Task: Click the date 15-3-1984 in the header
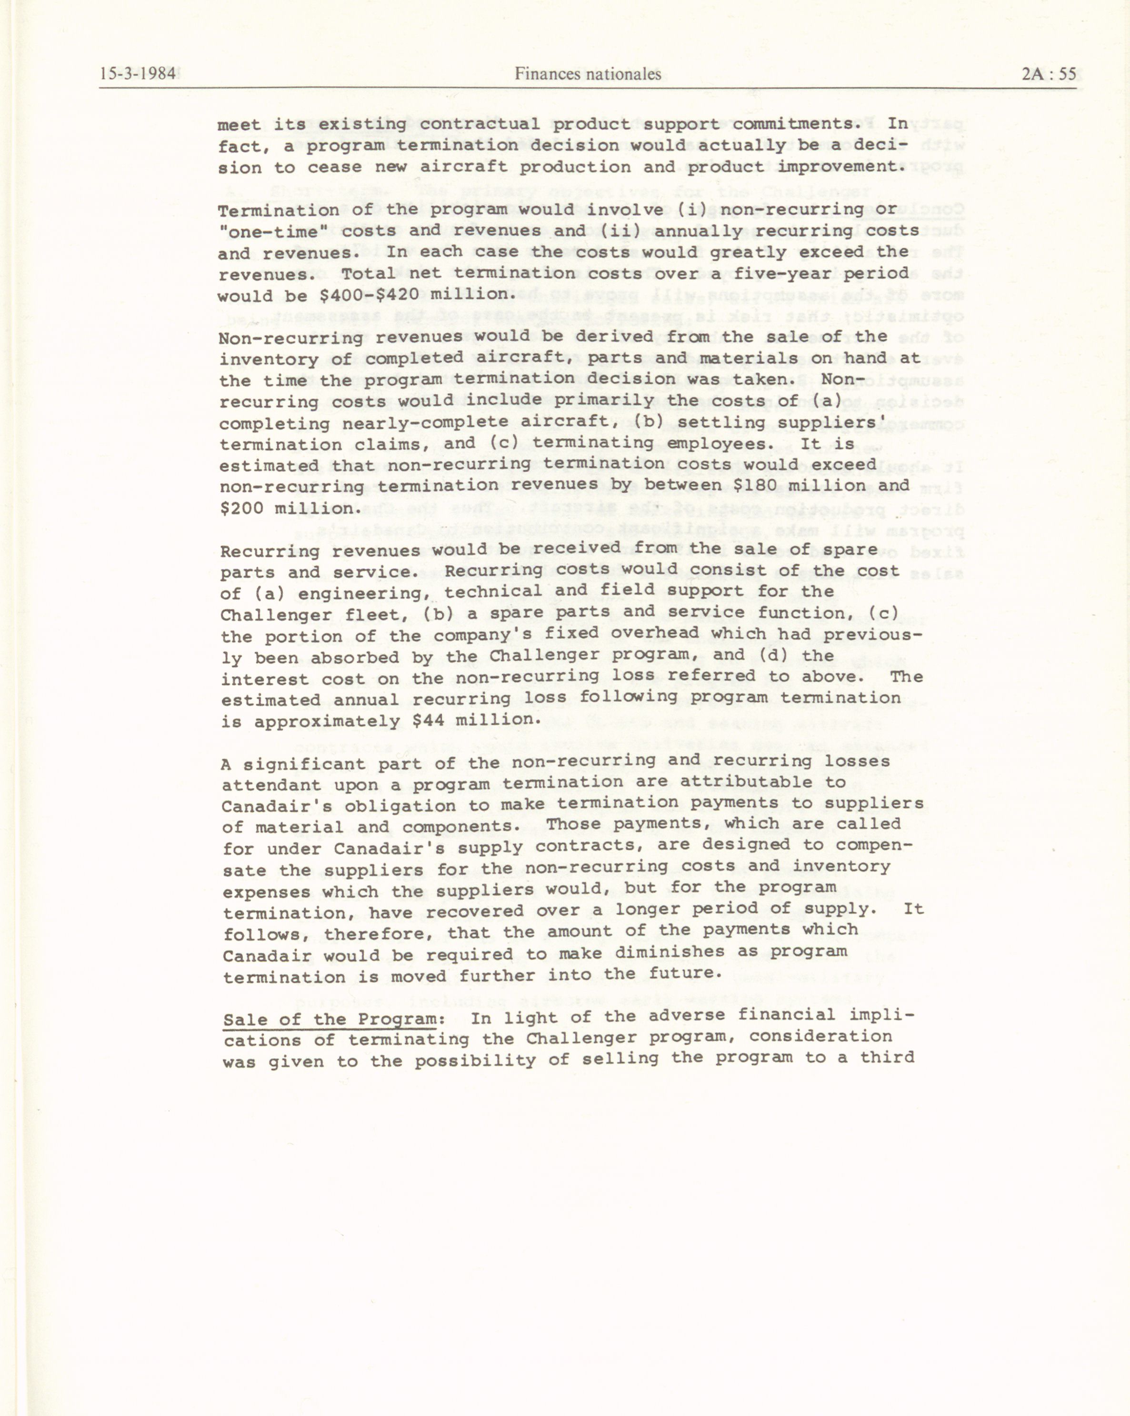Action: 138,73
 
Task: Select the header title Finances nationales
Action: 587,74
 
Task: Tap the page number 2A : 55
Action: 1049,73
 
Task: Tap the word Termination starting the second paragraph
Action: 279,211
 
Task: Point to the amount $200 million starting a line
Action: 288,508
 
